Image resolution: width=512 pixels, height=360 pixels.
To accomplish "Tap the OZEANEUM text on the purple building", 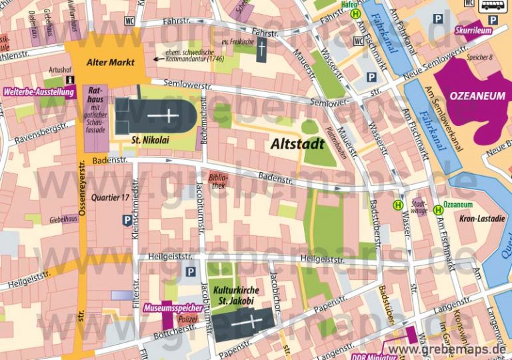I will point(477,96).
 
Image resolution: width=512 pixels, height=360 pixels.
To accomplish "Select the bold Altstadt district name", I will point(297,143).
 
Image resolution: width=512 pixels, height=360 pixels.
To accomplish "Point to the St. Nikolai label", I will point(150,140).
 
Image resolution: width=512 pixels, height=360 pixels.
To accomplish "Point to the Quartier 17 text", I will point(110,197).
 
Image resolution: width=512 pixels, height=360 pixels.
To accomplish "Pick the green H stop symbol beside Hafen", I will point(356,13).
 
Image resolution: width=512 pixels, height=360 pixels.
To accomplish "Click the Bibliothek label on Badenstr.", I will point(217,182).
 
